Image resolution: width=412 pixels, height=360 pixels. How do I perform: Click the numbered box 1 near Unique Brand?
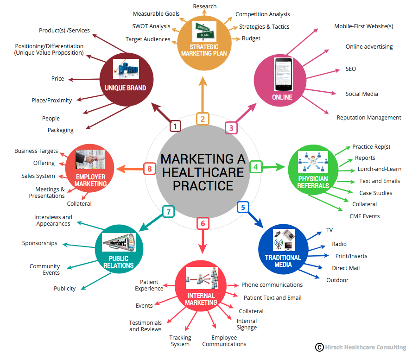click(x=175, y=126)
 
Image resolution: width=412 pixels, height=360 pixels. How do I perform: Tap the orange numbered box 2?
click(x=203, y=119)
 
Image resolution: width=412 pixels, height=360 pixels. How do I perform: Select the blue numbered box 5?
click(x=243, y=207)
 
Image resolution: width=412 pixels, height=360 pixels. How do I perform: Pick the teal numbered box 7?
click(x=168, y=212)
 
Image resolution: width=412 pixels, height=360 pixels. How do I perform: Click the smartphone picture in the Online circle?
click(x=283, y=75)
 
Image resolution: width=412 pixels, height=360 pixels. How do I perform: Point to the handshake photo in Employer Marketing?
click(x=90, y=159)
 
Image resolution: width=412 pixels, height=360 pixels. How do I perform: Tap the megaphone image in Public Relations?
click(x=119, y=242)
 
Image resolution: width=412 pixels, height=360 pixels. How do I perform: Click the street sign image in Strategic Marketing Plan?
click(x=204, y=32)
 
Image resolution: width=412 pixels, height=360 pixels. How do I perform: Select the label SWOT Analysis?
click(x=151, y=26)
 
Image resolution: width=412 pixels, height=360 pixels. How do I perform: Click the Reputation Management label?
click(x=369, y=118)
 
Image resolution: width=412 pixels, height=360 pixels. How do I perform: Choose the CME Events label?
click(x=364, y=216)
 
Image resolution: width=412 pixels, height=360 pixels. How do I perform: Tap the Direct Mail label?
click(x=346, y=268)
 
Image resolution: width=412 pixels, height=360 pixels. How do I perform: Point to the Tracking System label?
click(x=180, y=341)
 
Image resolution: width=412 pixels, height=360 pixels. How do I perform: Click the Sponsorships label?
click(x=40, y=243)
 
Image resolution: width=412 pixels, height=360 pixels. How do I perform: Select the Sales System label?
click(x=38, y=176)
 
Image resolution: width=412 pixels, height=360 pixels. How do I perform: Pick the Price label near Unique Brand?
click(x=57, y=79)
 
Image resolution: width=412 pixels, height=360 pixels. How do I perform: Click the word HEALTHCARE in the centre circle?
click(x=203, y=172)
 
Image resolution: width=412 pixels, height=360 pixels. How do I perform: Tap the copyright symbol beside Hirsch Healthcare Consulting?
click(x=319, y=347)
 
